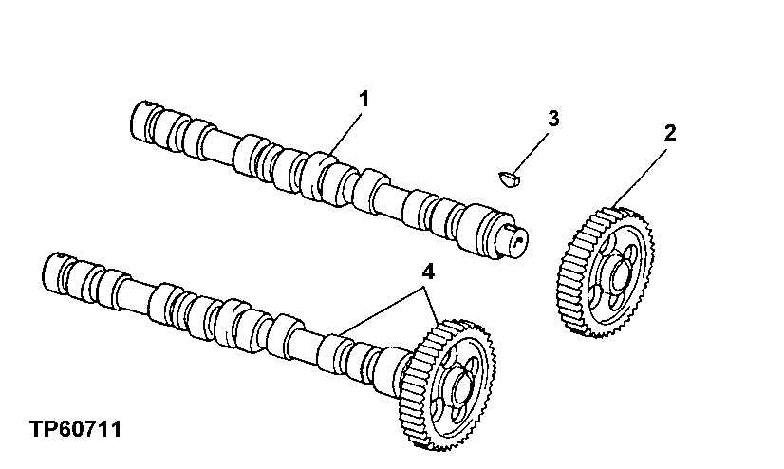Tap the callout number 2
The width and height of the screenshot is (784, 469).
[669, 133]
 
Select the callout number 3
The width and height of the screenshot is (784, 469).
[553, 120]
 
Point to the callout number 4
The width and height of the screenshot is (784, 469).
[428, 271]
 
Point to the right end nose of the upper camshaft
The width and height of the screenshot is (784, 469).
[513, 237]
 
